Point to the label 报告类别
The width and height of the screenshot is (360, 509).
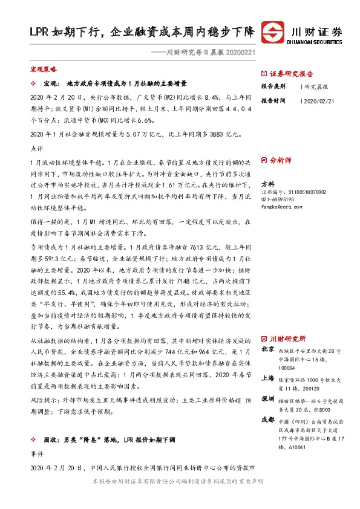[273, 86]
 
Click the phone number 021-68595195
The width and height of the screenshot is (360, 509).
[278, 199]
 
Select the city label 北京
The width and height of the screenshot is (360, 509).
[267, 349]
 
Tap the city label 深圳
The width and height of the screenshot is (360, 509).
[267, 400]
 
